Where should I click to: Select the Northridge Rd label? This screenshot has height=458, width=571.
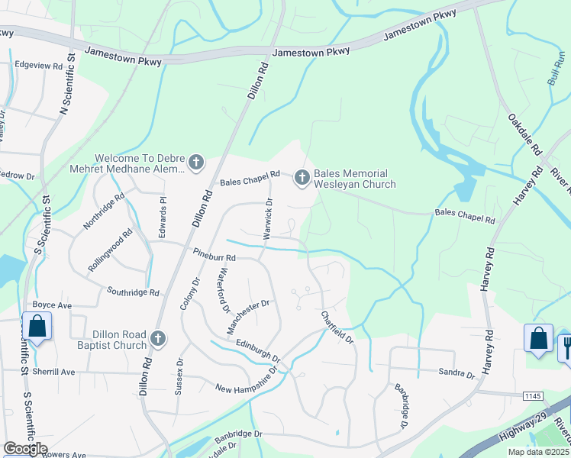(x=103, y=211)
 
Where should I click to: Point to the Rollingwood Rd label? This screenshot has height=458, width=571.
(x=110, y=250)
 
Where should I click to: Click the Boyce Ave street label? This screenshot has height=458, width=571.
(x=54, y=305)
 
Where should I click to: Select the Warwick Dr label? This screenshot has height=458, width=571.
(x=268, y=219)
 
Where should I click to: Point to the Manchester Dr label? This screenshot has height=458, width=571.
(x=249, y=316)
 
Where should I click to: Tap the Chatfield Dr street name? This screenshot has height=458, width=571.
(x=337, y=326)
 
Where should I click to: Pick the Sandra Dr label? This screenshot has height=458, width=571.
(x=456, y=373)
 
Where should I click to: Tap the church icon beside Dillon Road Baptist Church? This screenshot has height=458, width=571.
(x=158, y=337)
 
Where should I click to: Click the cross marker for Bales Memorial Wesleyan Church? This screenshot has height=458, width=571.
(x=302, y=178)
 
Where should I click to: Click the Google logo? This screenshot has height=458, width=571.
(x=25, y=448)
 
